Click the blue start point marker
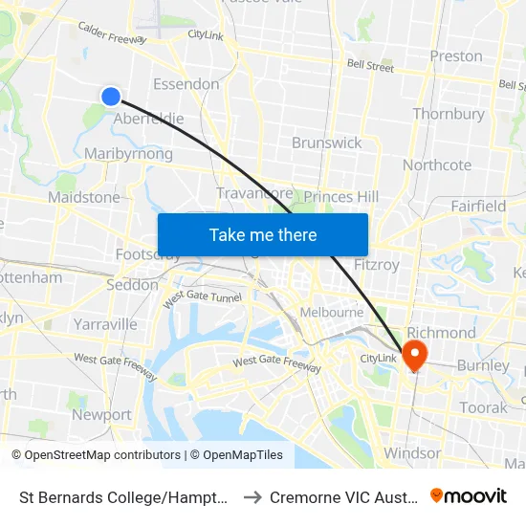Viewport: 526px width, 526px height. pos(111,96)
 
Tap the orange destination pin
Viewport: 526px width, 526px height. pos(415,355)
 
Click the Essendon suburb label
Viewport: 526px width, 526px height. pos(186,84)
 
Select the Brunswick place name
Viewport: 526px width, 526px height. pos(327,142)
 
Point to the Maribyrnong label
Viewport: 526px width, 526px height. pos(128,154)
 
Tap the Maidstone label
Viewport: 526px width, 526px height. pos(84,198)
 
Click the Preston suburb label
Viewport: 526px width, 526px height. pos(456,55)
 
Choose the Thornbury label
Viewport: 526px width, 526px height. pos(449,114)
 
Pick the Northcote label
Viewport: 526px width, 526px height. pos(437,164)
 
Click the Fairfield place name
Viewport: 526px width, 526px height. pos(478,206)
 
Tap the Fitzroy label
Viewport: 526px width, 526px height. pos(377,265)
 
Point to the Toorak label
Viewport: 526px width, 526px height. pos(484,407)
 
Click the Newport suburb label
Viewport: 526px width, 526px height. pos(101,415)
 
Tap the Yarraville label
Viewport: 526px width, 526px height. pos(105,324)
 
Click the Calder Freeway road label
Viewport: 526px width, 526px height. pos(112,33)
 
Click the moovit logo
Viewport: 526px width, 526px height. pos(469,496)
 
